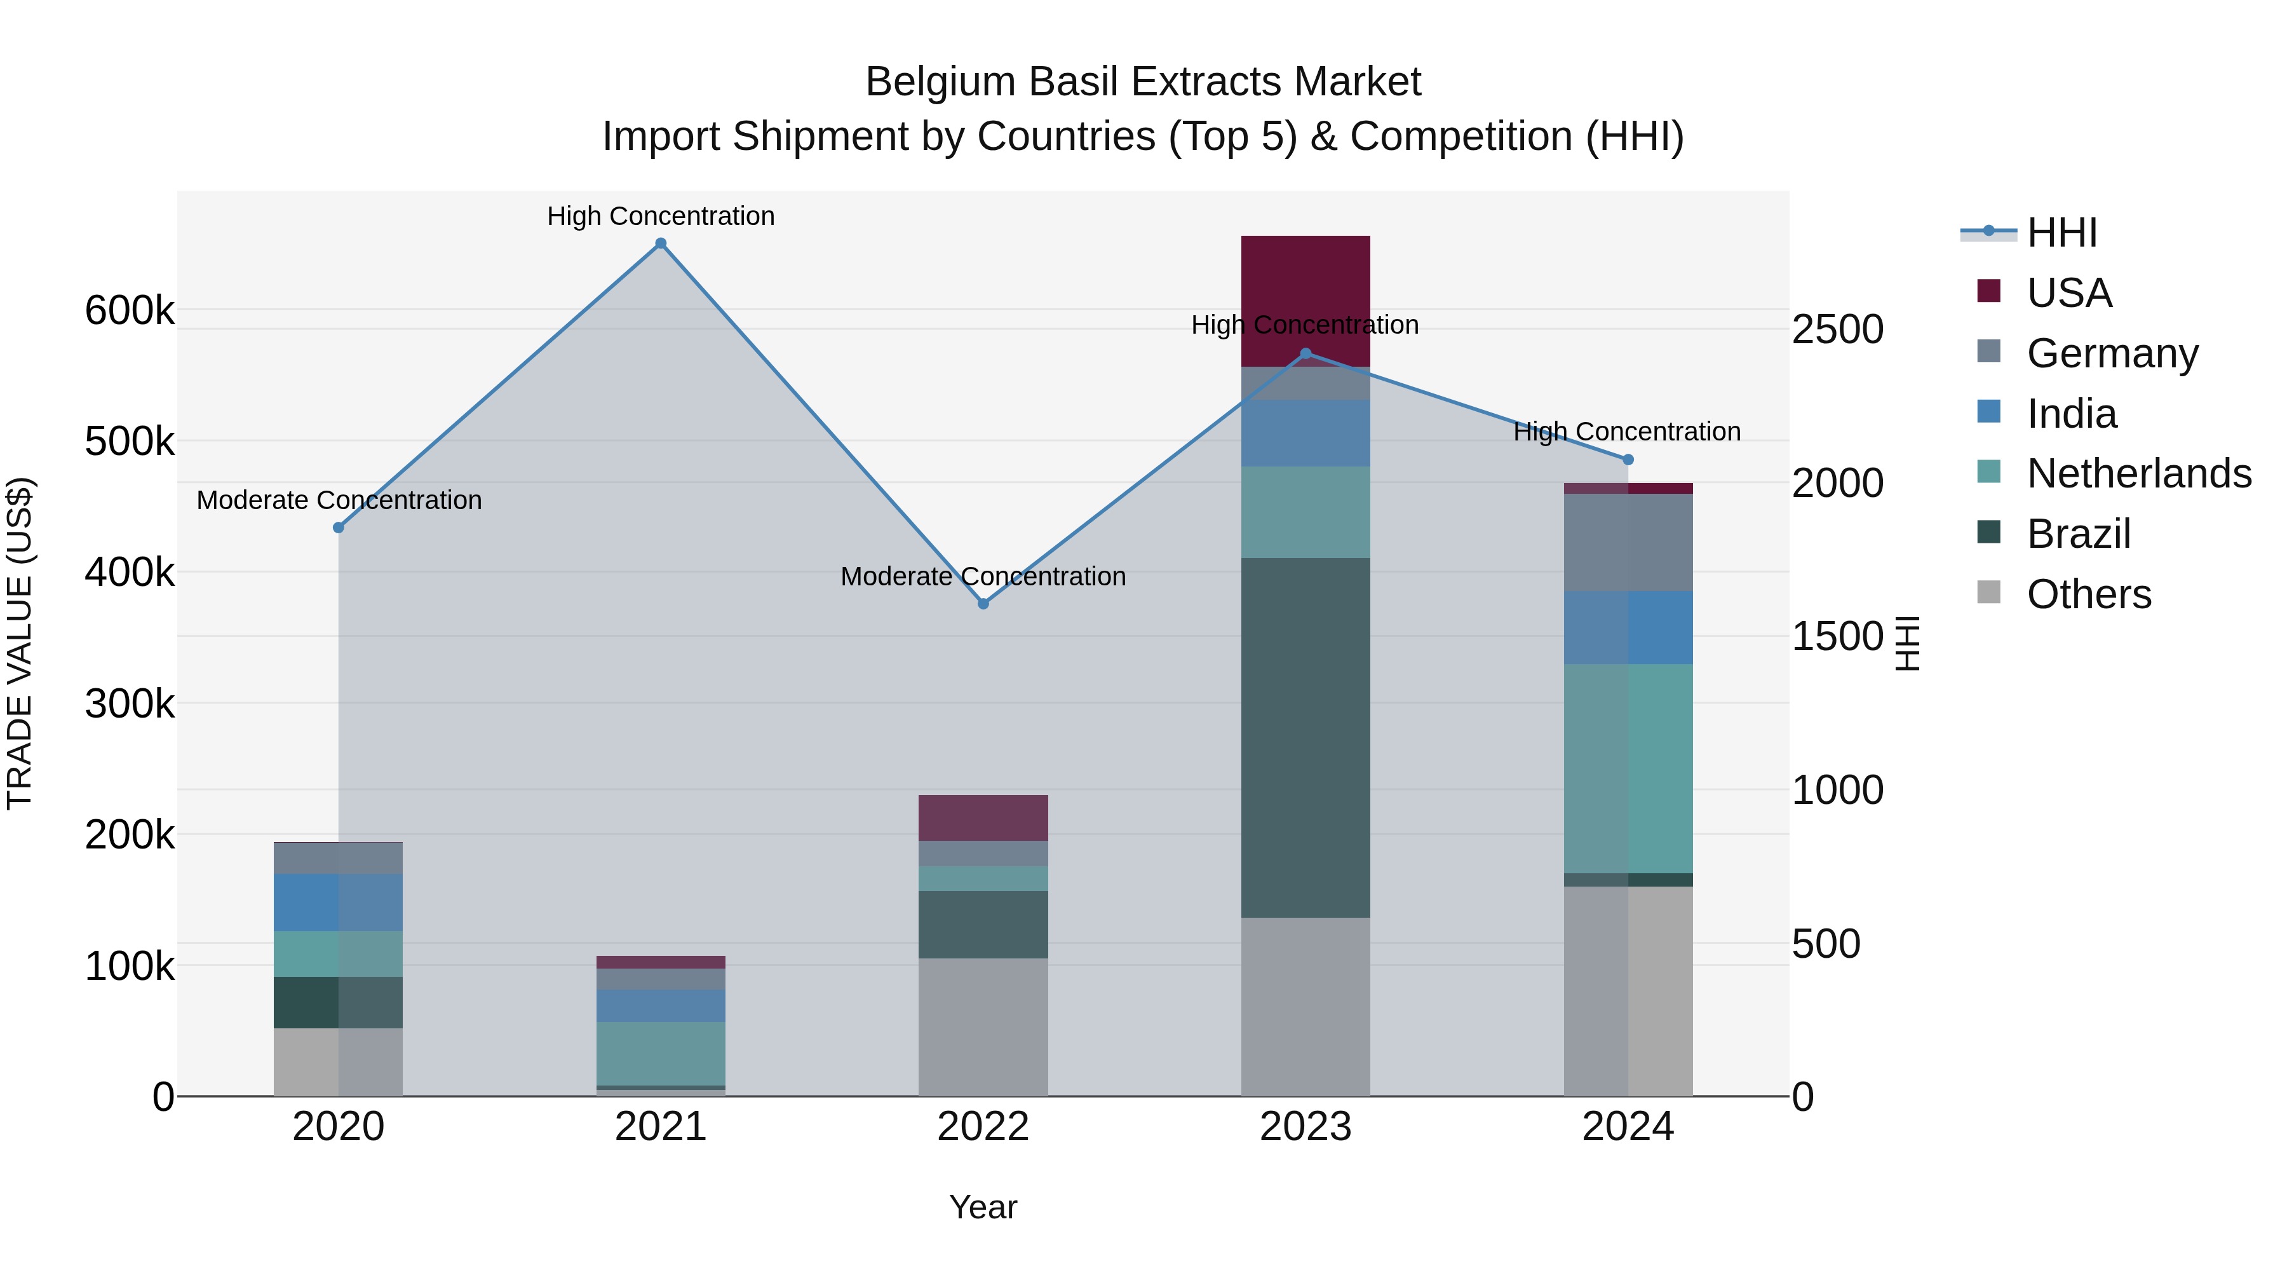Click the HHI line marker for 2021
661,243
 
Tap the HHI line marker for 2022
983,604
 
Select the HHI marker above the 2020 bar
338,528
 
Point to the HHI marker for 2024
1628,460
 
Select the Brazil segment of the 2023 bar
1305,737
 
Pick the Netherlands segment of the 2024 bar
1628,768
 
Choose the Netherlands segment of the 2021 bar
661,1052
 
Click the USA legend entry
2068,293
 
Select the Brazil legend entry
2077,534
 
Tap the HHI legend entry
2061,233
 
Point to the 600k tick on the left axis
130,311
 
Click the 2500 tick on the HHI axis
1837,329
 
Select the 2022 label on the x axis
983,1127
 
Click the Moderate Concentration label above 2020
339,500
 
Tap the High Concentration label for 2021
661,216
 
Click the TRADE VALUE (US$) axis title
20,643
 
